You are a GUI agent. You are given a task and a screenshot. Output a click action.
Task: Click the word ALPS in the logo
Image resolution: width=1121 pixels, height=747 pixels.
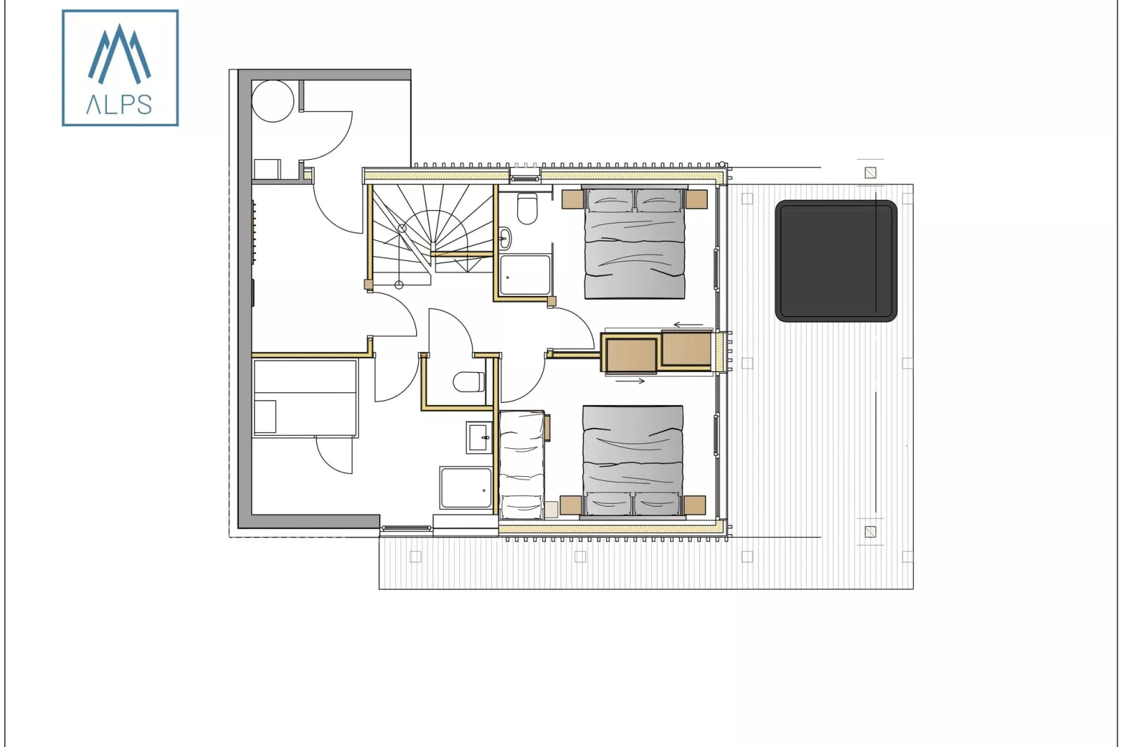pos(119,105)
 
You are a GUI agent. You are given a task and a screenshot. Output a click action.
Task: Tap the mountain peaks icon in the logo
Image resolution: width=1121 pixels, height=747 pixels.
pos(119,54)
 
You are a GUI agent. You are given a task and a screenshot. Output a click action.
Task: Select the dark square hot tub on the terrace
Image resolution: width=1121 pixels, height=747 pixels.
pos(836,261)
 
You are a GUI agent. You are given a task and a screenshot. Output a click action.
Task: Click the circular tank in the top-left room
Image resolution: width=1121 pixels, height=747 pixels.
pos(273,101)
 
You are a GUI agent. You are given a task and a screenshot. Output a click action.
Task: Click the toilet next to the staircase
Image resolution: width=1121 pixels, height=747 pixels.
pos(527,208)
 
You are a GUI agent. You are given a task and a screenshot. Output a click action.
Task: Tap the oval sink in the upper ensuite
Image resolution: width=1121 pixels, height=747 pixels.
pos(505,238)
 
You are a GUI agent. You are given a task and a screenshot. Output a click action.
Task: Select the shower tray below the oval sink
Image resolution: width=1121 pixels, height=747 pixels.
pos(525,275)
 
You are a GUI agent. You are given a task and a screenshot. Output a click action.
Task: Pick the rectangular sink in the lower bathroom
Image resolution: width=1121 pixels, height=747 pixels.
pos(479,438)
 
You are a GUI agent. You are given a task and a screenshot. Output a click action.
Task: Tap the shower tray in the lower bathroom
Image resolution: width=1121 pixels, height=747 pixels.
pos(466,488)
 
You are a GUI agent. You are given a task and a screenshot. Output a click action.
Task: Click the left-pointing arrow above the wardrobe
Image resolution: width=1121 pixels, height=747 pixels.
pos(688,325)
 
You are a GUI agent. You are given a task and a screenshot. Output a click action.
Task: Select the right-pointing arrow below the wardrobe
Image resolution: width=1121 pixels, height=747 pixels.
pos(630,381)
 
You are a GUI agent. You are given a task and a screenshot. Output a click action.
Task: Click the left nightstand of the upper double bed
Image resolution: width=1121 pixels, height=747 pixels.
pos(572,199)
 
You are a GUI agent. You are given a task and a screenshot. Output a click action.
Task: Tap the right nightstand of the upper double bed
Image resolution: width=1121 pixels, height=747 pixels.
pos(696,199)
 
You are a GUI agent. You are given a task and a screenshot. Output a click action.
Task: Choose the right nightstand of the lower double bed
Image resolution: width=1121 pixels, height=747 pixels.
pos(695,505)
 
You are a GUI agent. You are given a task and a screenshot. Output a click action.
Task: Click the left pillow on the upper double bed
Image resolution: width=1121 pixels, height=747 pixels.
pos(609,201)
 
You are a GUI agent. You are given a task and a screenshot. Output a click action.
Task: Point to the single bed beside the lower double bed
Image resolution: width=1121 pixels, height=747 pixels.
pos(522,465)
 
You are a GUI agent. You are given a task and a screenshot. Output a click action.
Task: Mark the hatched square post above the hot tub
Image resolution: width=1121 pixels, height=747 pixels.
pos(870,172)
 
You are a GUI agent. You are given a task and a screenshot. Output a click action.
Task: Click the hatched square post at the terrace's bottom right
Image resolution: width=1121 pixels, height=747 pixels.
pos(870,532)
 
